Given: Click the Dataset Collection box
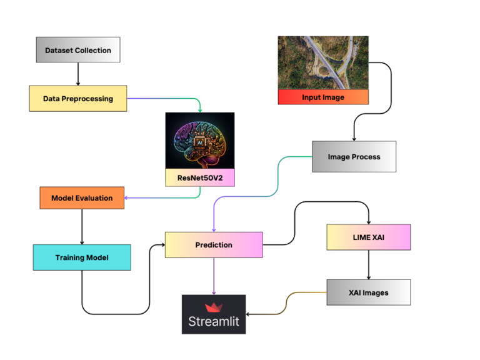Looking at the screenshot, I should click(x=77, y=50).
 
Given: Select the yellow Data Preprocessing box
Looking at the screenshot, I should click(x=77, y=98).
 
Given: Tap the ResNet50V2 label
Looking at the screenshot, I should click(x=199, y=177).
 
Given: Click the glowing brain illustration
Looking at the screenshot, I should click(x=199, y=141).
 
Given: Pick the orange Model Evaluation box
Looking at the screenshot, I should click(x=82, y=198).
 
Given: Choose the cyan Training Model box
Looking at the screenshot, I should click(x=81, y=257).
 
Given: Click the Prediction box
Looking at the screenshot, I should click(x=214, y=245).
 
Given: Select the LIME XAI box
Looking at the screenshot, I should click(x=368, y=237).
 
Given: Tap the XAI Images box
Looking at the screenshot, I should click(x=368, y=292).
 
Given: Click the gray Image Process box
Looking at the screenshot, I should click(x=354, y=156).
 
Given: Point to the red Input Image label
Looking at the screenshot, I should click(x=322, y=97).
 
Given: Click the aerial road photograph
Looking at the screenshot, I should click(x=322, y=62).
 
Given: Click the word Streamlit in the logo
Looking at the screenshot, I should click(x=214, y=322).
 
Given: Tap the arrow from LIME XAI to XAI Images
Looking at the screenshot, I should click(x=368, y=265).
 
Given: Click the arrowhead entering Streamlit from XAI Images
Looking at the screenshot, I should click(x=250, y=314).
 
